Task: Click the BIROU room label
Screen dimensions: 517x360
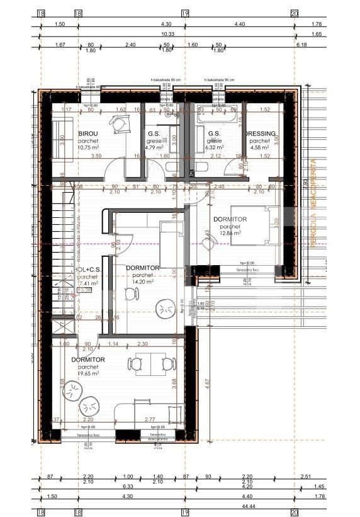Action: (x=88, y=134)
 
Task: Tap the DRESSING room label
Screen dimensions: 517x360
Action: (x=259, y=134)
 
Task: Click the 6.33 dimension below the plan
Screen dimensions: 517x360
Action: (x=129, y=486)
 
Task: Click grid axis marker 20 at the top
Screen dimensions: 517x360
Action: (x=294, y=12)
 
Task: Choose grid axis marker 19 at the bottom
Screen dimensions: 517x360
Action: (x=185, y=513)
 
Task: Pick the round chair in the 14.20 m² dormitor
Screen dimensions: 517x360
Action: (x=167, y=310)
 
